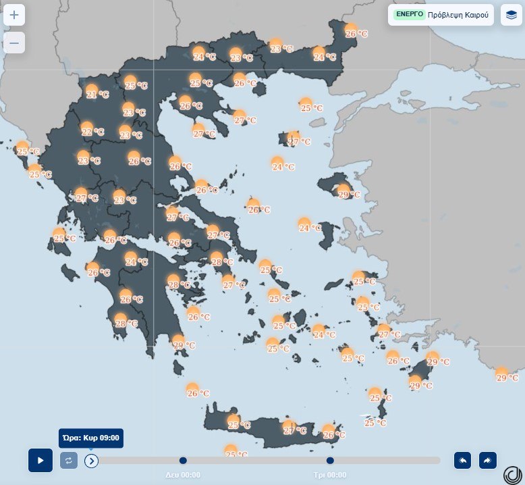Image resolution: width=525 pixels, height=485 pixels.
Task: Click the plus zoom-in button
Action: [x=14, y=14]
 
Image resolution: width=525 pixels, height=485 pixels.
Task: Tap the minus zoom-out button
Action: [x=14, y=43]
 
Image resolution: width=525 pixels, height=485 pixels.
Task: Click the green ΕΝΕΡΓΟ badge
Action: [x=409, y=14]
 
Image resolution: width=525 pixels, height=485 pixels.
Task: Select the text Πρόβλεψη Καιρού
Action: [x=461, y=14]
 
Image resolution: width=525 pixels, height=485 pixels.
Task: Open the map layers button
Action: [x=511, y=14]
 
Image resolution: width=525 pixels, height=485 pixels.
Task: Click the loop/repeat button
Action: [x=68, y=461]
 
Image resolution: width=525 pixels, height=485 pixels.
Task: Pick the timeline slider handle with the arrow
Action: [x=92, y=461]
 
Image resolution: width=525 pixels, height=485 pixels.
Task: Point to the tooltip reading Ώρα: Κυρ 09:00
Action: [x=90, y=438]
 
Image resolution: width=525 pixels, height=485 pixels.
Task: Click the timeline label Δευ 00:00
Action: [x=183, y=475]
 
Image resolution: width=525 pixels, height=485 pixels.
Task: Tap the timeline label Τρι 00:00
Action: [x=330, y=475]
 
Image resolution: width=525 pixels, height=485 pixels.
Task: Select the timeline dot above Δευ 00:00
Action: [x=183, y=461]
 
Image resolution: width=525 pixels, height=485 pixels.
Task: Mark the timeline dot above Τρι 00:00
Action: [x=330, y=461]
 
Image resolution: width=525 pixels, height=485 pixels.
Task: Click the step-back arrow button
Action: [x=463, y=460]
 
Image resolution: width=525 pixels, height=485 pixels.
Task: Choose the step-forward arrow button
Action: [x=487, y=460]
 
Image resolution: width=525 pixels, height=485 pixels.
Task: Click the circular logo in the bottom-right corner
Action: [x=513, y=474]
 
